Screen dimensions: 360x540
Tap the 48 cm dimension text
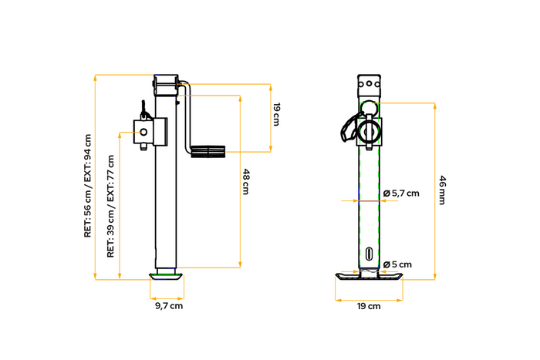[246, 181]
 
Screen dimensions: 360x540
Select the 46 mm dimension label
[442, 190]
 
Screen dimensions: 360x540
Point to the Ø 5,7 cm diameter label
[400, 193]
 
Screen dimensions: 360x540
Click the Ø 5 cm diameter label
[397, 264]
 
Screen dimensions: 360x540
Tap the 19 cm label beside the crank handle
[276, 114]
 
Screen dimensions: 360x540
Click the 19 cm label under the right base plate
[369, 306]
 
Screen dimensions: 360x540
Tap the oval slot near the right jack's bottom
[370, 254]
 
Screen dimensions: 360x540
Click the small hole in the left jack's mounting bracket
[144, 133]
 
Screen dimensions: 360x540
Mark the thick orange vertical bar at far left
[95, 177]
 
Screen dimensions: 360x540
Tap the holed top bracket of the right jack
[370, 84]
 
